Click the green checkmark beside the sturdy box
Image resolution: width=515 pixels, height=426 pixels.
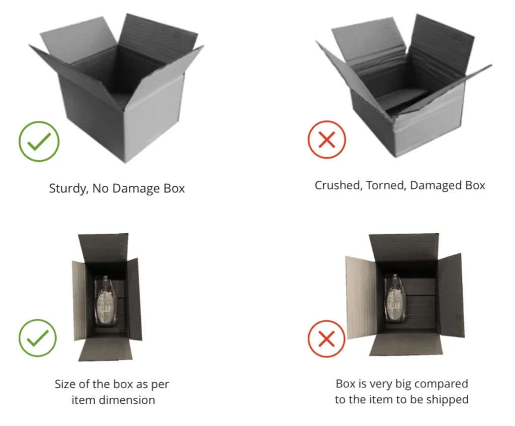pos(39,141)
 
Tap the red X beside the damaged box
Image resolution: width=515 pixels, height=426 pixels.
pos(327,140)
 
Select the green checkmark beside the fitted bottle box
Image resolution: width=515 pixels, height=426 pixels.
pos(38,338)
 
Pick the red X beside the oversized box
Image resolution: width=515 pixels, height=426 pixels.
pos(326,338)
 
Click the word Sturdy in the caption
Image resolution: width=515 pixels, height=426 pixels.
pos(68,188)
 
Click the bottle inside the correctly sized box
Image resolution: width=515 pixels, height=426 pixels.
pos(105,300)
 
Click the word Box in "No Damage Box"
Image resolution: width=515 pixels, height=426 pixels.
pos(174,188)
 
